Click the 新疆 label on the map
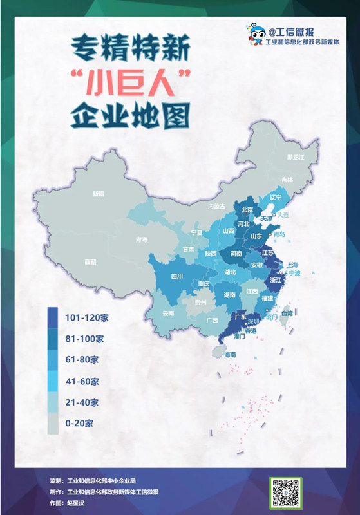98,194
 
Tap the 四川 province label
176,277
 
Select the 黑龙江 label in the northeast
294,157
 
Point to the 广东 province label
241,317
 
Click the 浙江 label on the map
276,281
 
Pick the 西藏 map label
90,262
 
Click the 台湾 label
287,314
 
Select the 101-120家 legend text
86,317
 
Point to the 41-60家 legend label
82,381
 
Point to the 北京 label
246,210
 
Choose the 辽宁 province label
277,196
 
